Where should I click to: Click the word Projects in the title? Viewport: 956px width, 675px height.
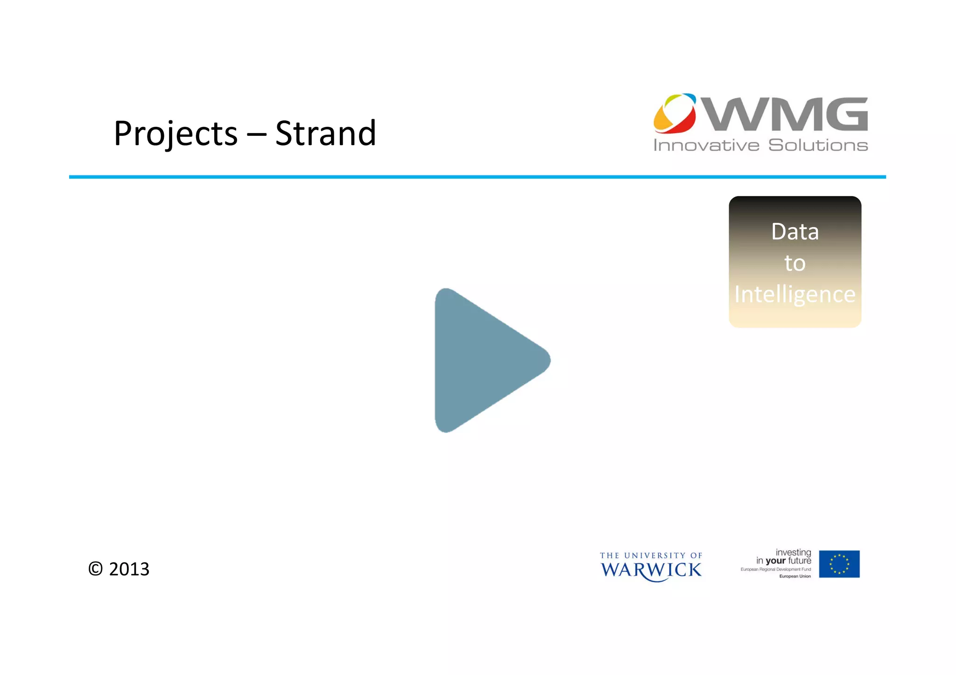[176, 134]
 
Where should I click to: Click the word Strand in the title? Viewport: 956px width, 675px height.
[325, 133]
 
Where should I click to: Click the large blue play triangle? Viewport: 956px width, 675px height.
[485, 360]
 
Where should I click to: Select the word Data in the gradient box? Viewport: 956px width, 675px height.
[794, 232]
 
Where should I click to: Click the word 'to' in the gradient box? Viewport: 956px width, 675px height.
[794, 264]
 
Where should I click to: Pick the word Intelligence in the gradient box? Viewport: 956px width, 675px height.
[794, 295]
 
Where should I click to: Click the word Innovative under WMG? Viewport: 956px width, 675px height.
[706, 146]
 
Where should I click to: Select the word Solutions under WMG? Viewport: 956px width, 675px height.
[818, 146]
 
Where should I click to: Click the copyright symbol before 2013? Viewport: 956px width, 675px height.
[95, 569]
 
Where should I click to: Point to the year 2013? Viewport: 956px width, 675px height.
[129, 569]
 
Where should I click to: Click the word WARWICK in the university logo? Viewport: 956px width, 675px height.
[651, 571]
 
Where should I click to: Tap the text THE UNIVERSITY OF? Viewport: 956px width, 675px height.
[651, 556]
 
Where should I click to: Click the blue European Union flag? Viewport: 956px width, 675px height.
[839, 564]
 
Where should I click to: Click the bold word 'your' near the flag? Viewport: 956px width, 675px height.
[776, 561]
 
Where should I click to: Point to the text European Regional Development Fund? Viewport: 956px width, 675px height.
[775, 570]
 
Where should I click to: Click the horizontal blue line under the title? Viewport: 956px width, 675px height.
[477, 177]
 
